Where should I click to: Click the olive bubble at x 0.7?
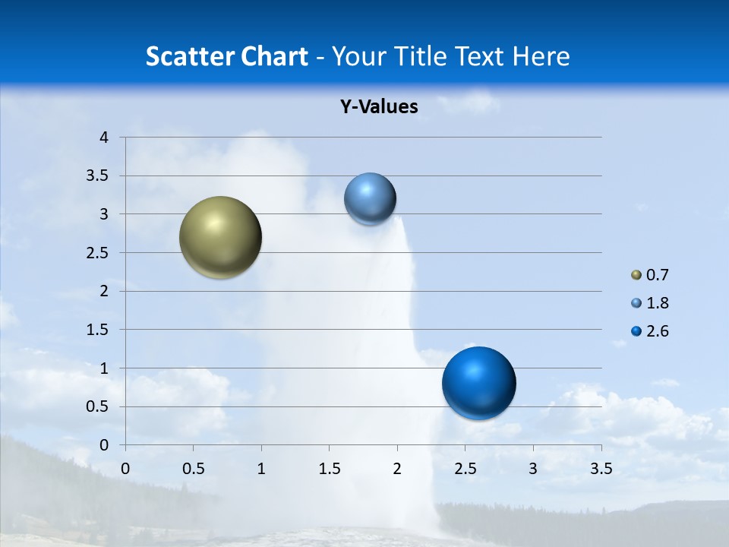(x=221, y=237)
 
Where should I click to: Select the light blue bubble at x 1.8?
(x=370, y=199)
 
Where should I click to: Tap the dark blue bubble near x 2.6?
(x=478, y=383)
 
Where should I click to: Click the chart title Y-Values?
(x=379, y=107)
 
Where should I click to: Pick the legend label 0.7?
(x=657, y=275)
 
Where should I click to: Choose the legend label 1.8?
(x=657, y=303)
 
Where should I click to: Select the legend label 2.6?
(x=657, y=331)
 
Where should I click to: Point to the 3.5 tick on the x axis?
(x=601, y=469)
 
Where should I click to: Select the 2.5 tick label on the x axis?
(x=465, y=469)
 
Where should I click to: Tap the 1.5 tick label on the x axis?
(x=329, y=469)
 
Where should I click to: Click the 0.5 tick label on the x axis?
(x=193, y=469)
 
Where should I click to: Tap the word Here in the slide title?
(x=540, y=56)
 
